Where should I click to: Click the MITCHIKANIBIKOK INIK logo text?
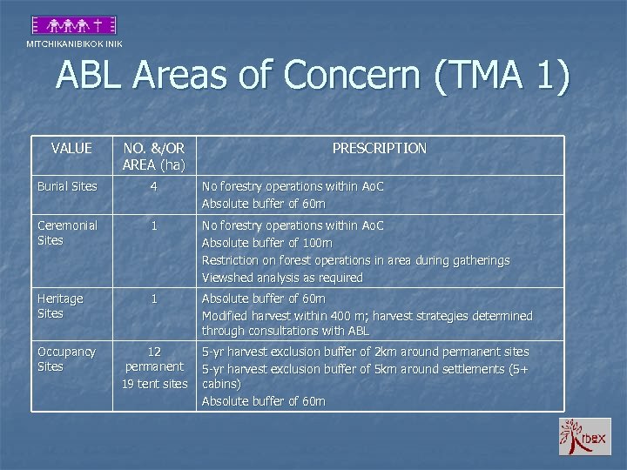coord(74,44)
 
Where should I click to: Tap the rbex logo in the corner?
coord(584,436)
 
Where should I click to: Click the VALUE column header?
coord(71,148)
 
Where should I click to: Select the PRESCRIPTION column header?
coord(379,148)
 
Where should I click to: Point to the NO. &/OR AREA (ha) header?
coord(154,156)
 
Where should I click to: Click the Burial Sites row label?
coord(66,186)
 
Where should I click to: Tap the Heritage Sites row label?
coord(60,305)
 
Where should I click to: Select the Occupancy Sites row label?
coord(66,359)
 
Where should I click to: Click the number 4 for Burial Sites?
coord(154,186)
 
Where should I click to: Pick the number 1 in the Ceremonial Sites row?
coord(154,225)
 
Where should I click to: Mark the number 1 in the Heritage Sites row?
coord(154,299)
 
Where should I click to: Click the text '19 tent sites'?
coord(154,384)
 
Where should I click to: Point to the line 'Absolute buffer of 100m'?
coord(266,243)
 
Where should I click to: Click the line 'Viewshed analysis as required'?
coord(282,278)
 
